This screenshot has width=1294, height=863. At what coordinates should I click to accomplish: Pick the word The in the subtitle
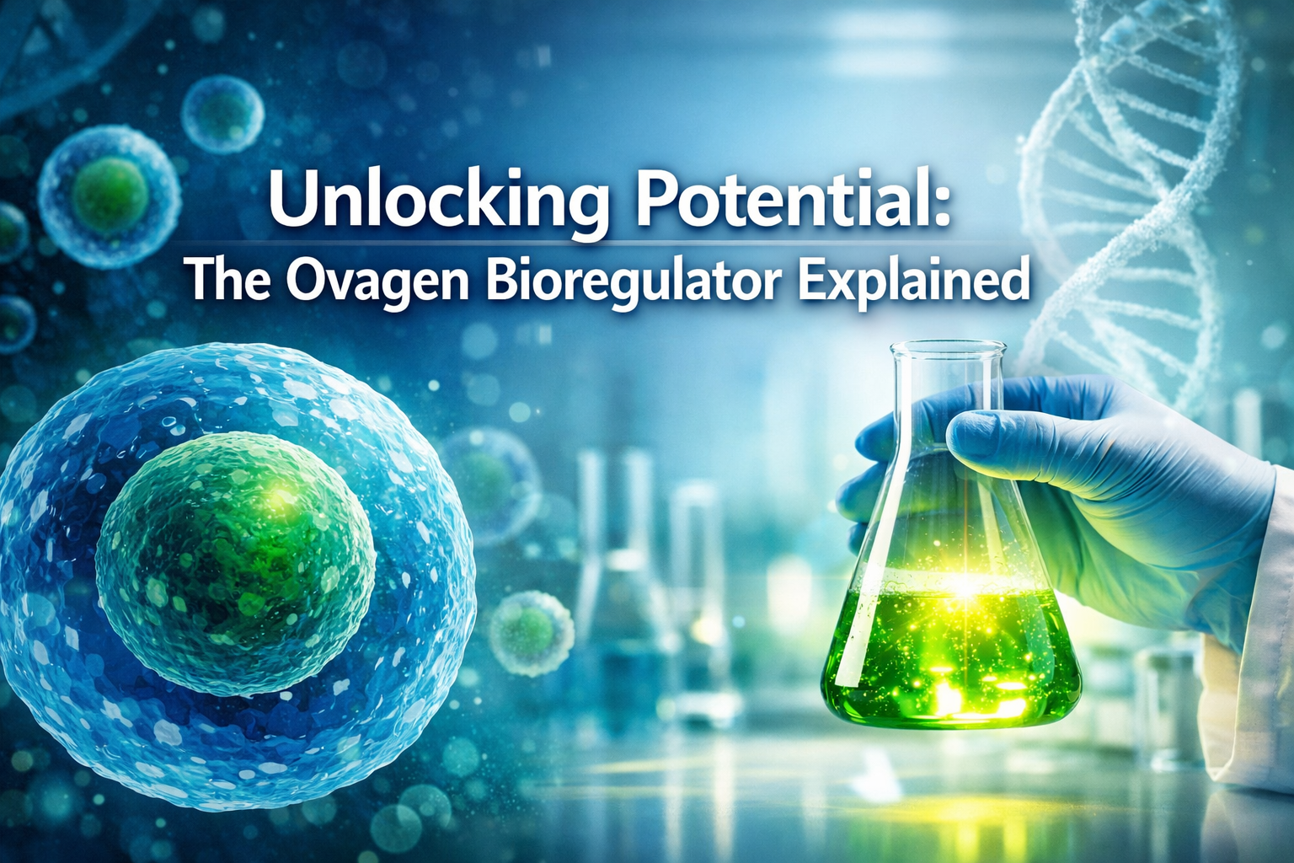227,280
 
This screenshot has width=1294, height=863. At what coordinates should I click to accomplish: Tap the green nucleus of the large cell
235,561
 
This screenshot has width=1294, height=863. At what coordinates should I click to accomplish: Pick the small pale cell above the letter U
222,114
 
